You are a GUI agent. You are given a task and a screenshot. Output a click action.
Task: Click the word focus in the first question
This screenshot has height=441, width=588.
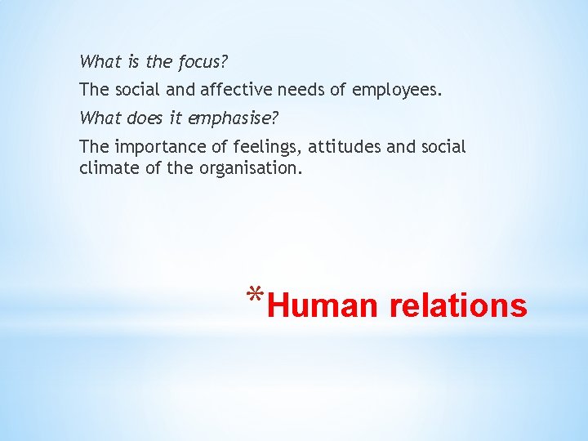pyautogui.click(x=199, y=61)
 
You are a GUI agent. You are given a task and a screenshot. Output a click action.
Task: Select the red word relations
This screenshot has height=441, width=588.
pyautogui.click(x=458, y=306)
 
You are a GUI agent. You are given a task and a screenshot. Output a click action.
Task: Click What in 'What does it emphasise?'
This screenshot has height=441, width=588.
pyautogui.click(x=98, y=118)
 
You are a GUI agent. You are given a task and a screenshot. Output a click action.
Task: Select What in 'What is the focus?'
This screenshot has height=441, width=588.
pyautogui.click(x=98, y=61)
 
